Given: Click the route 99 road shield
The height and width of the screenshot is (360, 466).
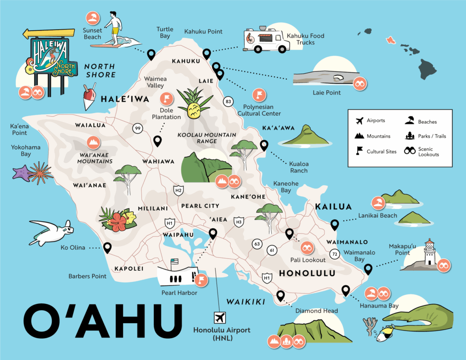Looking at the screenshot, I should [137, 128].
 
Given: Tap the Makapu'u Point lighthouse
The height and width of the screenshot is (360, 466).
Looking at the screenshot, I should [429, 253].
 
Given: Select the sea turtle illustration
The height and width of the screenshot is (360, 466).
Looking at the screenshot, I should [51, 231].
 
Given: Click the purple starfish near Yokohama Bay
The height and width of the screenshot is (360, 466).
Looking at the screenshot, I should [21, 173].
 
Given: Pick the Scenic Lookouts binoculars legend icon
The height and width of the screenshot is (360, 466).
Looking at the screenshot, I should [410, 150].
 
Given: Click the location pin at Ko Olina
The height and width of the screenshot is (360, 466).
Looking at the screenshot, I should [107, 248].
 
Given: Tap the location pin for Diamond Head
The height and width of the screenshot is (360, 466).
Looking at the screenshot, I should [280, 296].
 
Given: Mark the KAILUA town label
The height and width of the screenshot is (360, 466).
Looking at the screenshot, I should [333, 207].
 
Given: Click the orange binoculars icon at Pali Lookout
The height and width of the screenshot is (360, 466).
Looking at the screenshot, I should [307, 248].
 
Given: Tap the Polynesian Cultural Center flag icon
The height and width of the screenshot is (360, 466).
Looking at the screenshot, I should [259, 95].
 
